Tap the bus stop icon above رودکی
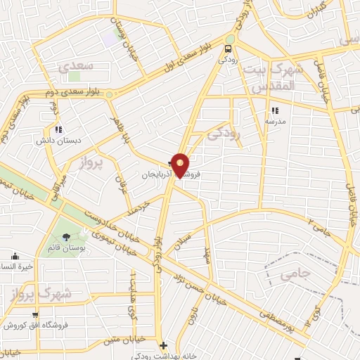(228, 49)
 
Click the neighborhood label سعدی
(73, 67)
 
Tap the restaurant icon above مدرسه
(274, 110)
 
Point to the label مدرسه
(274, 121)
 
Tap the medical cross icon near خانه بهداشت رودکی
(163, 345)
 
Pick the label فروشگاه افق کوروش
(34, 326)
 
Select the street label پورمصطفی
(281, 310)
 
